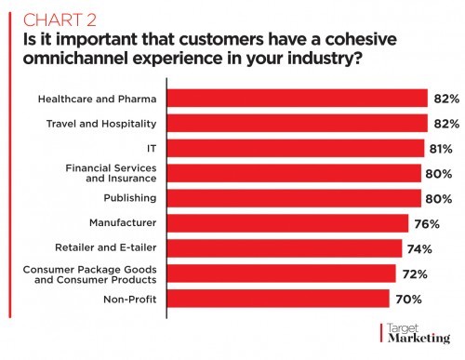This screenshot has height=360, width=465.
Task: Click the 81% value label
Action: (439, 149)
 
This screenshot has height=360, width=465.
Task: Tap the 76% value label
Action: (427, 223)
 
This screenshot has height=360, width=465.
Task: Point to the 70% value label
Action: (408, 299)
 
